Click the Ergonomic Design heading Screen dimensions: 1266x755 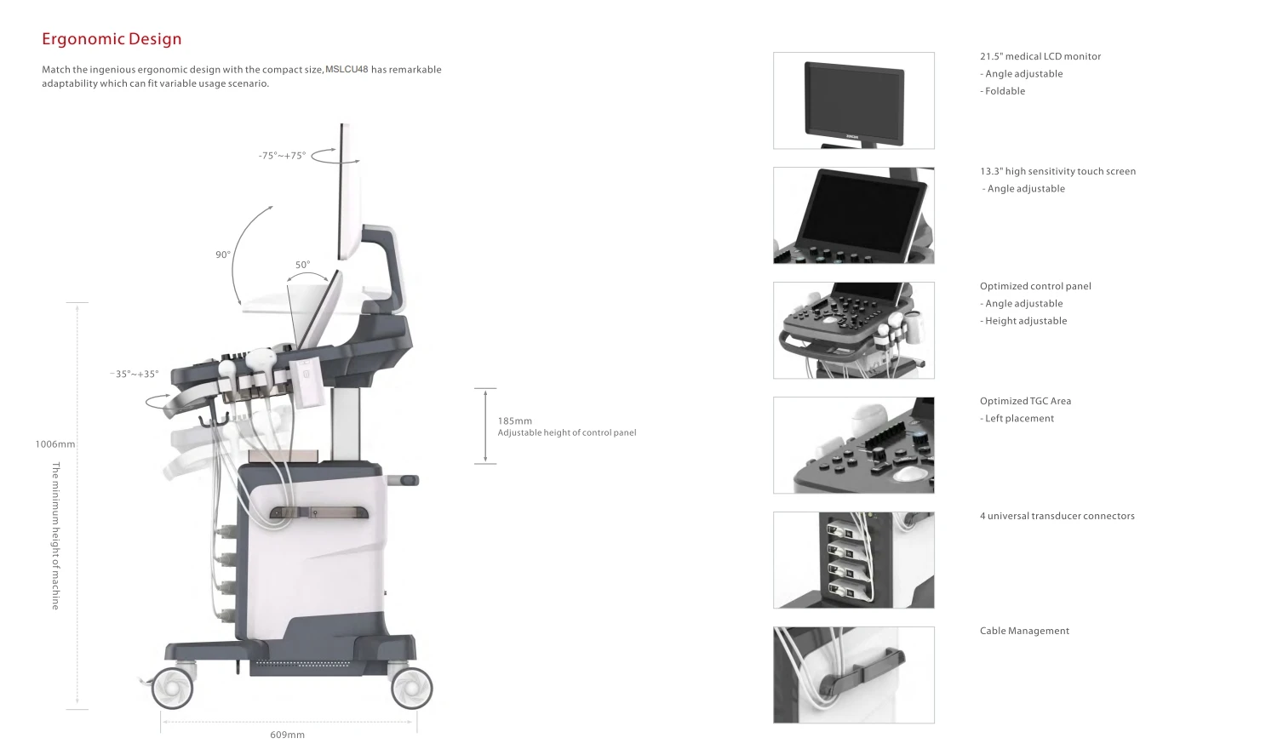click(112, 39)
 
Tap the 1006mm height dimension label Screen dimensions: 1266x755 click(55, 444)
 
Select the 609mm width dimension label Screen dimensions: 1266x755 click(288, 735)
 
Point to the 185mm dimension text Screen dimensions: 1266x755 click(515, 420)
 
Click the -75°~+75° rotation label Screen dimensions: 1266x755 click(282, 156)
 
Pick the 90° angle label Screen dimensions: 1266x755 click(223, 255)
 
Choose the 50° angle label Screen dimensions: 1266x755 click(302, 265)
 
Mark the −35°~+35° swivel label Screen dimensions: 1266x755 click(135, 374)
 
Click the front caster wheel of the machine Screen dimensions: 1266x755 click(174, 687)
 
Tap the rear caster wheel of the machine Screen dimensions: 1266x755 click(411, 687)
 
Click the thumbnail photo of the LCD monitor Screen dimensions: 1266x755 click(853, 100)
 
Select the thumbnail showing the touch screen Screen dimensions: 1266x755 click(853, 215)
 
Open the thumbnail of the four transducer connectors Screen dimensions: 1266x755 click(853, 560)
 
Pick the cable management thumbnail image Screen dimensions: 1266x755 click(853, 675)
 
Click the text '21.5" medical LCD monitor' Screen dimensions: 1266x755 click(1040, 56)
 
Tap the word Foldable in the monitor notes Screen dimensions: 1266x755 click(1005, 91)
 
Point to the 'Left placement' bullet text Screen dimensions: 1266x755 click(1019, 419)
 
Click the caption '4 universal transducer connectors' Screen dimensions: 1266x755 click(1057, 516)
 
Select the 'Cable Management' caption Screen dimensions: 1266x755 click(1024, 631)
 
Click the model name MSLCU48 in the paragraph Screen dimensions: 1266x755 click(347, 70)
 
